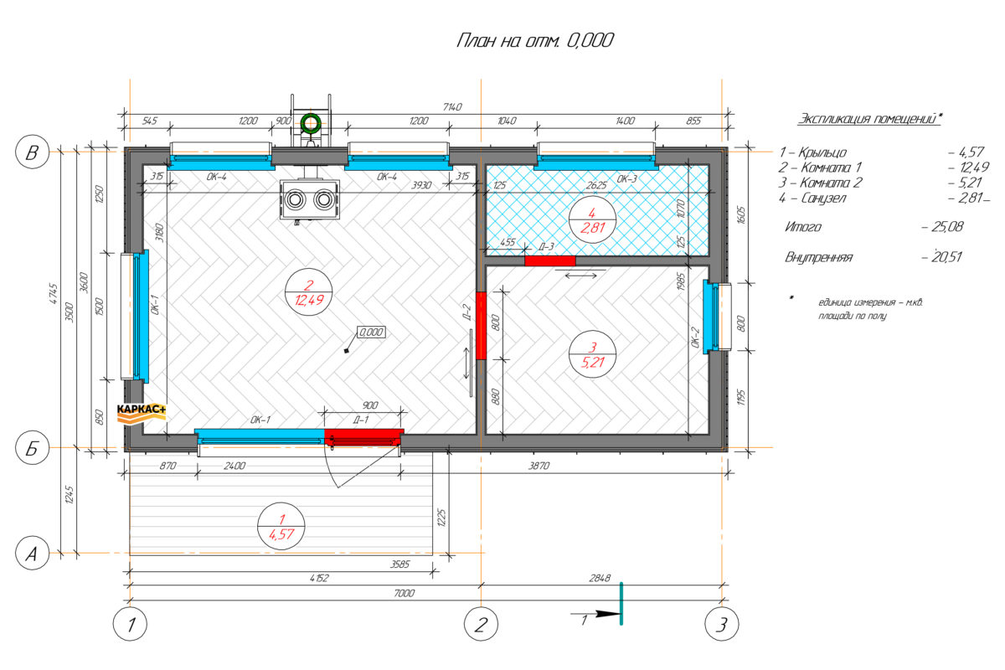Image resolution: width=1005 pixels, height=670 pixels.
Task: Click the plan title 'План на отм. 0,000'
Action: (x=535, y=40)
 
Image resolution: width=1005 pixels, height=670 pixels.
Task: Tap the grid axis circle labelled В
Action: (x=33, y=152)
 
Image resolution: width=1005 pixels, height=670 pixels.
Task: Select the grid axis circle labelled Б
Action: (x=33, y=447)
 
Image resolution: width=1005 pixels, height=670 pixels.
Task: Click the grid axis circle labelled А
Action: (x=33, y=553)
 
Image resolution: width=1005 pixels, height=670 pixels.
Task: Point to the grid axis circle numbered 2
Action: (x=481, y=624)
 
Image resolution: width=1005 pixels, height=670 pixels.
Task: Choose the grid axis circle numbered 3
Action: (x=721, y=624)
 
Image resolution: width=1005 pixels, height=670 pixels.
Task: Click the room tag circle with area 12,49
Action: (x=309, y=292)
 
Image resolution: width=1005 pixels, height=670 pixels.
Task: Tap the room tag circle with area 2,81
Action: (x=592, y=219)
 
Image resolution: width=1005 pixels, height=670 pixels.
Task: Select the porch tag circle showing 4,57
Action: (x=281, y=526)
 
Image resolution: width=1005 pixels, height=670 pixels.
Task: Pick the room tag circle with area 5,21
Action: (x=592, y=354)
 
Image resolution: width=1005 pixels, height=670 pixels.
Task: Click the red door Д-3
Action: (x=550, y=260)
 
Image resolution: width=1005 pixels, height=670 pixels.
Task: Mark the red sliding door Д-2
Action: (x=481, y=325)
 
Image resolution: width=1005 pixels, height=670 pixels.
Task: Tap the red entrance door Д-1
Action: (x=363, y=437)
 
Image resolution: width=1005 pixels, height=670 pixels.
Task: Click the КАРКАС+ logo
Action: (x=142, y=414)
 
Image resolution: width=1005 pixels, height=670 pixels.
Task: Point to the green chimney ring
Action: (x=311, y=123)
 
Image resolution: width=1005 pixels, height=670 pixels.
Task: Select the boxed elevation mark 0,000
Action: (x=371, y=332)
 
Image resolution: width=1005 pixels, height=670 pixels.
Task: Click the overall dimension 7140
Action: (x=451, y=107)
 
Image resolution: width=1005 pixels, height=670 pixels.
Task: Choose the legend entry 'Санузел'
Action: (x=824, y=198)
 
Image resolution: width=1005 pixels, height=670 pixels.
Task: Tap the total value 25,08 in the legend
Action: (x=947, y=227)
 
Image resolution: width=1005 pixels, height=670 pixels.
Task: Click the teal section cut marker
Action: (x=621, y=604)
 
